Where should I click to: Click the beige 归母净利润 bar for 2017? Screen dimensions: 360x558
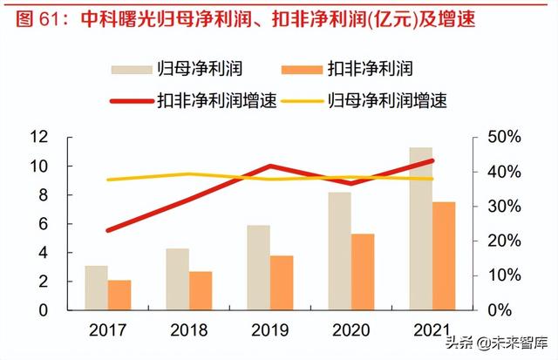coord(97,288)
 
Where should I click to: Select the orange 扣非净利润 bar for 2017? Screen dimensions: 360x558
coord(119,295)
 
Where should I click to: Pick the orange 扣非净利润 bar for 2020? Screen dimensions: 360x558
coord(363,272)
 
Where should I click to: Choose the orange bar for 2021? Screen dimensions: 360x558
coord(444,256)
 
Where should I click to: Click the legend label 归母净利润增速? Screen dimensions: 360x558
coord(388,101)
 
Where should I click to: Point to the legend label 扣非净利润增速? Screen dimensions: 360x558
coord(217,101)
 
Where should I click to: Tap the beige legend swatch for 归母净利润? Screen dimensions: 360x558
coord(131,69)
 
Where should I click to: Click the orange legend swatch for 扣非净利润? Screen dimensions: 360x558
coord(302,69)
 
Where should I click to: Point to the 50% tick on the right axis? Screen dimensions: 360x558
coord(503,137)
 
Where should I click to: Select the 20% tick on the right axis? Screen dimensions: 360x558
coord(503,241)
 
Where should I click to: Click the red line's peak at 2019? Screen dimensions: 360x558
coord(271,166)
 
